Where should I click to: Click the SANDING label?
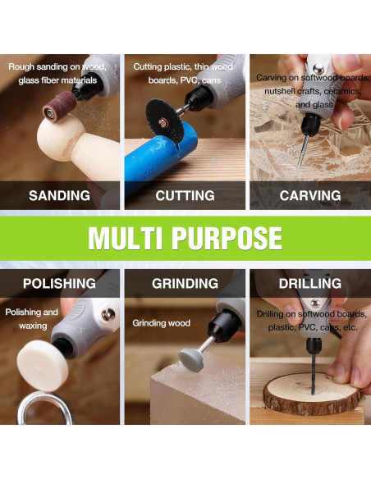59,195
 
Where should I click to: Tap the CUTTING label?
185,195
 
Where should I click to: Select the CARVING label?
310,195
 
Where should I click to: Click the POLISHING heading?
59,284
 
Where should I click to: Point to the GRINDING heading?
185,284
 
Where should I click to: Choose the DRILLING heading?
310,284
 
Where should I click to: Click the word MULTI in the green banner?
125,239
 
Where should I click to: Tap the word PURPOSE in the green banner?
227,239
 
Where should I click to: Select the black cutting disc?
164,121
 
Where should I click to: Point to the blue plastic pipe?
159,159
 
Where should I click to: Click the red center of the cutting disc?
163,123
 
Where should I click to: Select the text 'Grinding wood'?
162,323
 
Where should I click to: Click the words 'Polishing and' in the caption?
31,312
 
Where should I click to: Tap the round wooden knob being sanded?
60,138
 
